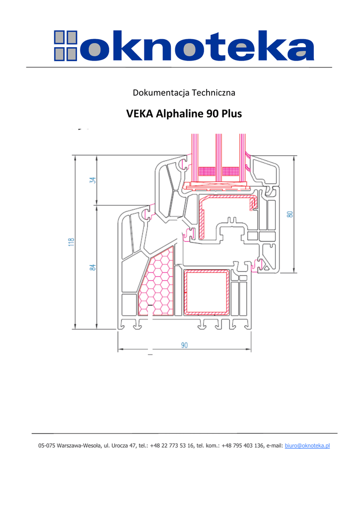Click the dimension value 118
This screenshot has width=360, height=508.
[x=72, y=242]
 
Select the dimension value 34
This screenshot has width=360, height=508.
[x=93, y=180]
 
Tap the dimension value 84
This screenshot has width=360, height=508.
[x=93, y=267]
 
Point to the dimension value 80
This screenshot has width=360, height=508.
[x=290, y=214]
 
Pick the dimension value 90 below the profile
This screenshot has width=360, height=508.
[x=184, y=345]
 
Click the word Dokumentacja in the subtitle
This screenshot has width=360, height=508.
[x=161, y=93]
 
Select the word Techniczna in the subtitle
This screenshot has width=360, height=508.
[x=214, y=93]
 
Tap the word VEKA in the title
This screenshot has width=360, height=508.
[x=140, y=114]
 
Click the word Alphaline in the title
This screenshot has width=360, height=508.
[x=179, y=114]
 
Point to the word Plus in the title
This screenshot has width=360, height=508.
[x=232, y=114]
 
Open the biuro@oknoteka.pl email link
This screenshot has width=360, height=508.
[x=307, y=445]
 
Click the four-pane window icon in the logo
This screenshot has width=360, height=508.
[x=66, y=46]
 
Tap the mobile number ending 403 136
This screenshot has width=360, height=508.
[x=243, y=445]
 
